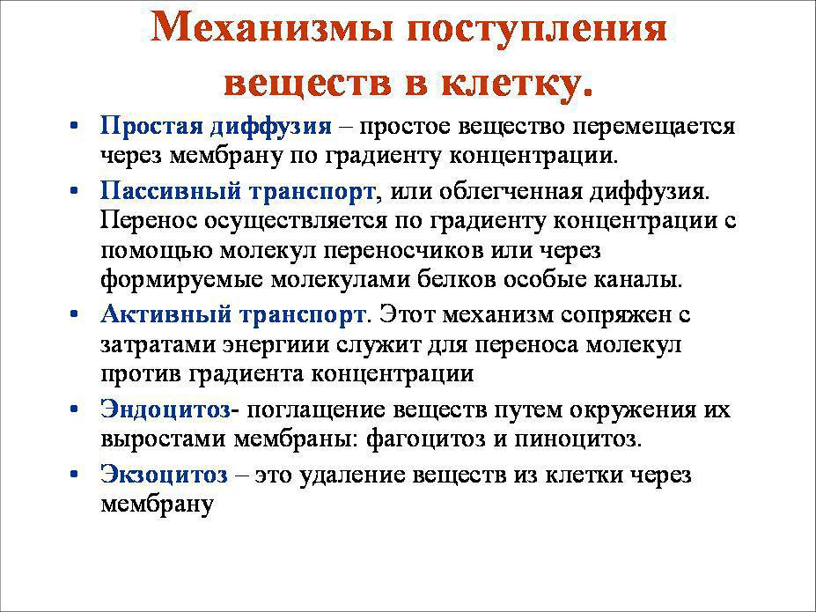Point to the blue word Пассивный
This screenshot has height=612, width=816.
pos(171,191)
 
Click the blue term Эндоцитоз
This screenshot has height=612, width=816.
pos(165,410)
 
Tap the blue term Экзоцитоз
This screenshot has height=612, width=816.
pos(165,475)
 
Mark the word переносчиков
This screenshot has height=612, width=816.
pos(403,252)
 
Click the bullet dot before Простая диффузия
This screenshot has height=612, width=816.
pos(74,126)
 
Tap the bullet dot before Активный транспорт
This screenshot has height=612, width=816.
pos(74,314)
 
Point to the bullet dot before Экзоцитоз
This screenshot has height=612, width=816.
pos(74,475)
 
